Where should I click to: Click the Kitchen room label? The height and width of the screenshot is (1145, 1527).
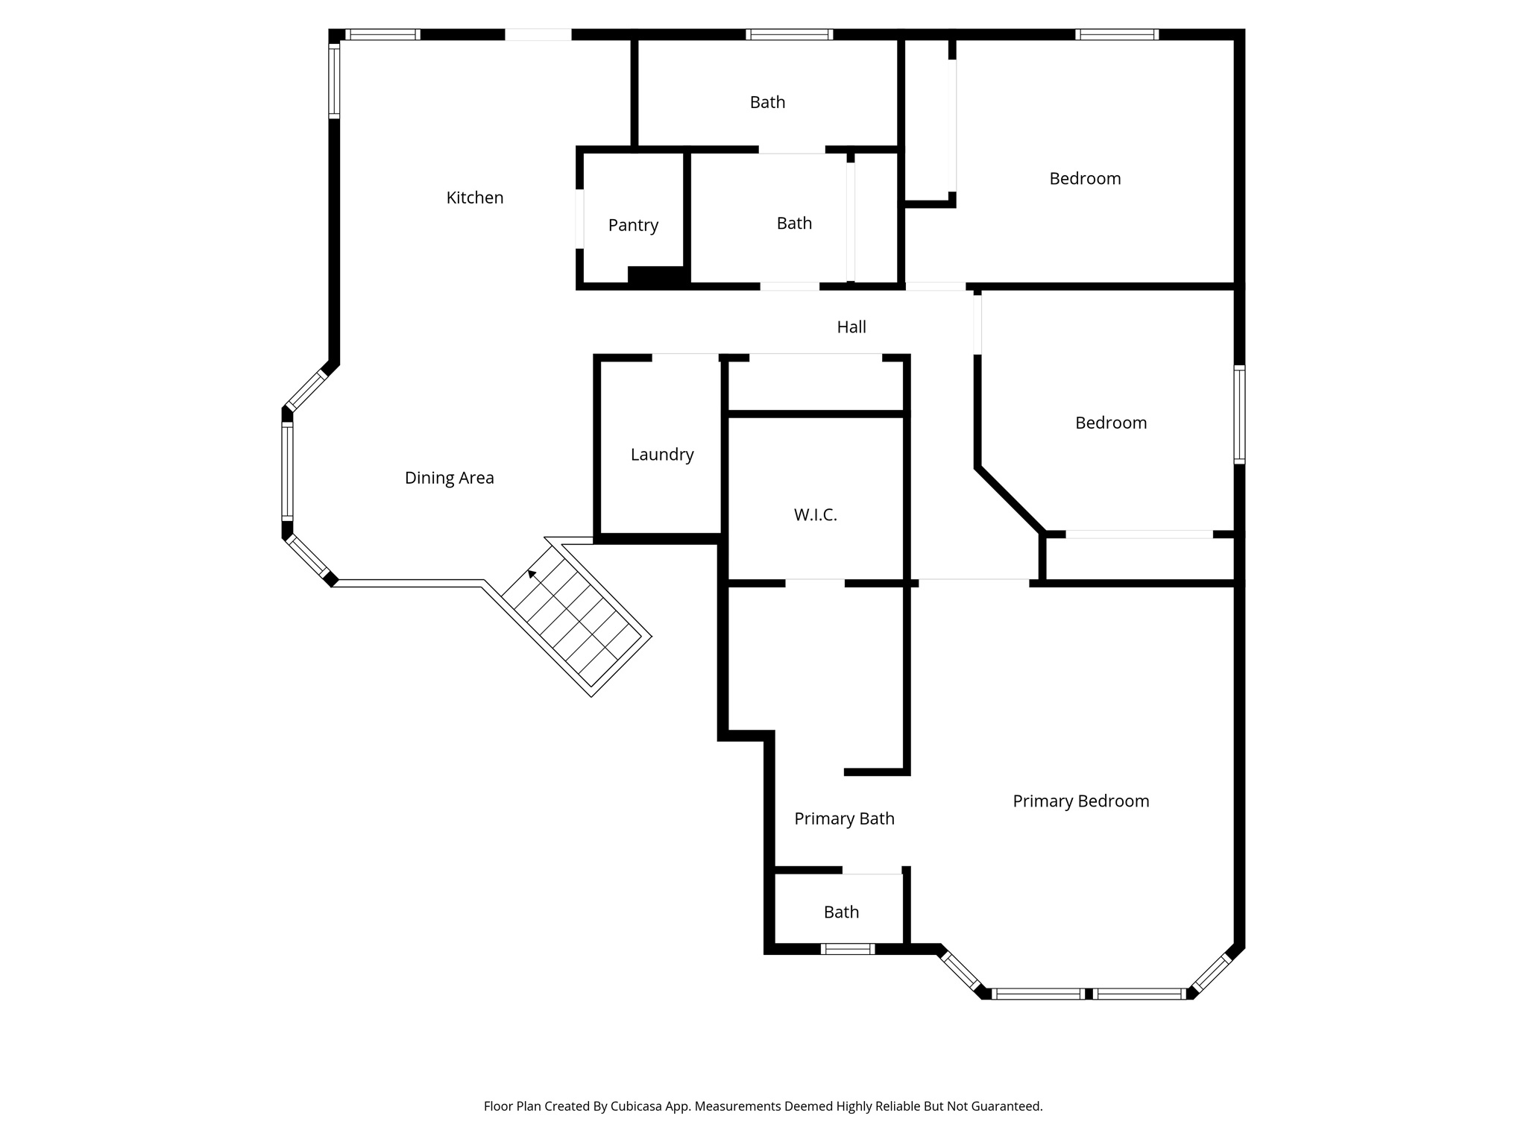tap(475, 198)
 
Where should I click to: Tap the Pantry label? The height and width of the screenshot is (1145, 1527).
tap(633, 225)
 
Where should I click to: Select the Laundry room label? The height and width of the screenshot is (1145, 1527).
tap(662, 455)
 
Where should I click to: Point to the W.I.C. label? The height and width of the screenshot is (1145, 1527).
tap(815, 515)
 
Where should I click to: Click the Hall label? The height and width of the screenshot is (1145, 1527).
tap(851, 327)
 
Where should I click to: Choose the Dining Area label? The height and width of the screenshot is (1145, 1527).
tap(449, 478)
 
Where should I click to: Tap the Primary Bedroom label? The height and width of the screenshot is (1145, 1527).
tap(1080, 801)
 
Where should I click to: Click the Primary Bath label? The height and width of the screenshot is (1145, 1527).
tap(844, 819)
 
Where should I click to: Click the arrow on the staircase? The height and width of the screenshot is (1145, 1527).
tap(532, 573)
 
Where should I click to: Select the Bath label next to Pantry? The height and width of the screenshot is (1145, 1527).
tap(794, 224)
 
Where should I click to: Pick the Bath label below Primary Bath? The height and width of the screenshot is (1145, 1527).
tap(841, 912)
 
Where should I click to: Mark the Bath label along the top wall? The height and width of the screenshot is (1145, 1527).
tap(767, 103)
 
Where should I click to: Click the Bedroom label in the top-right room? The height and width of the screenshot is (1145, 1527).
tap(1085, 179)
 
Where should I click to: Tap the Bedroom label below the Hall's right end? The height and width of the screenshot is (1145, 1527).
tap(1110, 423)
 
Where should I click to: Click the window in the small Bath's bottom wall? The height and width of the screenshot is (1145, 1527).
tap(847, 949)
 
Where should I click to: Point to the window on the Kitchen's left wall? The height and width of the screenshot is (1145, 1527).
tap(334, 81)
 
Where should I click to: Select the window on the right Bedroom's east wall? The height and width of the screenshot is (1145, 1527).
tap(1238, 414)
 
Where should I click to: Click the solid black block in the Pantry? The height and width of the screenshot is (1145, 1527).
tap(657, 275)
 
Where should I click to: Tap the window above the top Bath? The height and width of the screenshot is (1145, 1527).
tap(789, 34)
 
